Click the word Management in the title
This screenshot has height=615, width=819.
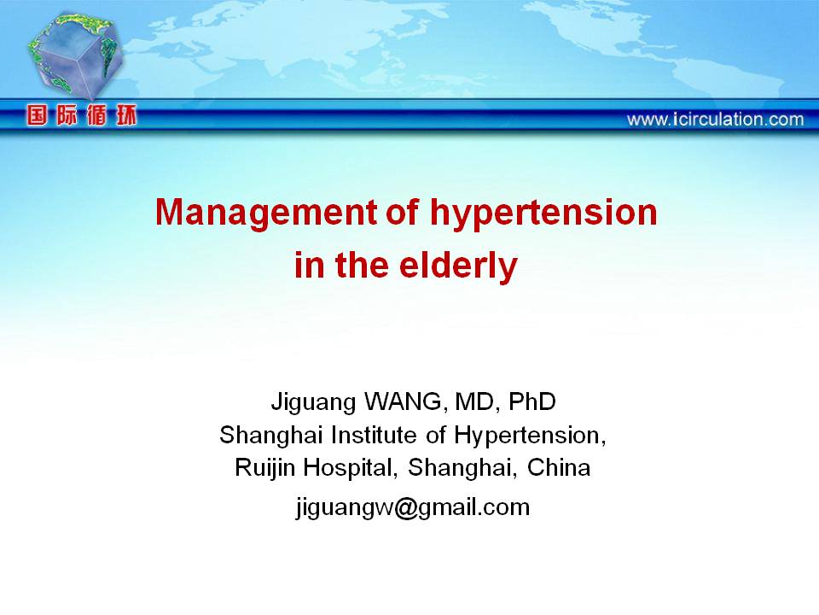tap(266, 214)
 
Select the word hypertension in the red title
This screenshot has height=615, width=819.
tap(543, 214)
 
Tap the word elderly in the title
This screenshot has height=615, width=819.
tap(458, 266)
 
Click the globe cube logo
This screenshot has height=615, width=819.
tap(75, 55)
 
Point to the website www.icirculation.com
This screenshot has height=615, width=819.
tap(715, 120)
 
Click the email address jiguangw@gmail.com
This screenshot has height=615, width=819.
tap(413, 507)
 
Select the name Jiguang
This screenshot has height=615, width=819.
tap(313, 402)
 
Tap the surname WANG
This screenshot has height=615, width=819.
tap(404, 401)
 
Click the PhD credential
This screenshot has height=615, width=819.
tap(532, 401)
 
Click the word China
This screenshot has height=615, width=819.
tap(559, 467)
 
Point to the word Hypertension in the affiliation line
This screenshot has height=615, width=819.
tap(530, 436)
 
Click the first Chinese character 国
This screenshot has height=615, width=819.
tap(37, 115)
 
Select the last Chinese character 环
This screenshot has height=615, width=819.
tap(126, 115)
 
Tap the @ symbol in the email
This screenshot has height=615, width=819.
tap(405, 507)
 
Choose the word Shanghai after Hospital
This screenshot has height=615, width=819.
tap(462, 468)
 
